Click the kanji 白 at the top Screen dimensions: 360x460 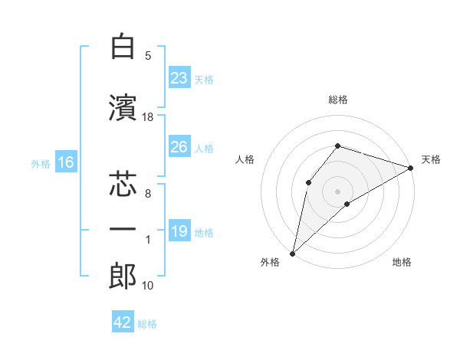coord(122,47)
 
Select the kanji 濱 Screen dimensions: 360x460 coord(122,109)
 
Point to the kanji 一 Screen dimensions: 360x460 coord(122,230)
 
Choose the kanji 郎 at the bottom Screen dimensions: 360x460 coord(122,277)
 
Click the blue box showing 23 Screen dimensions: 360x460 coord(179,78)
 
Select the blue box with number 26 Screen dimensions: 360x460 coord(179,147)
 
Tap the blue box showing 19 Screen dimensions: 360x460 coord(179,231)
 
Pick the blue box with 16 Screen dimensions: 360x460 coord(65,162)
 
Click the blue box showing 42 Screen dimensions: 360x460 coord(122,322)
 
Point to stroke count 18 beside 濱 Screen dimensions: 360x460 coord(148,116)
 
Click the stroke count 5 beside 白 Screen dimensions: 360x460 coord(148,55)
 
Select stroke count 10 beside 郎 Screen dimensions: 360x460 coord(148,285)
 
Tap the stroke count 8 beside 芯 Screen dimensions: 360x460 coord(148,194)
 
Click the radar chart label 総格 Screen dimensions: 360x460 coord(337,100)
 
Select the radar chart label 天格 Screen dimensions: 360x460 coord(432,159)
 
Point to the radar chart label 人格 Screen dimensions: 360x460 coord(245,159)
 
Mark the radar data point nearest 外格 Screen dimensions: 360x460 coord(292,253)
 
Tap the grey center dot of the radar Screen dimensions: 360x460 coord(337,191)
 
